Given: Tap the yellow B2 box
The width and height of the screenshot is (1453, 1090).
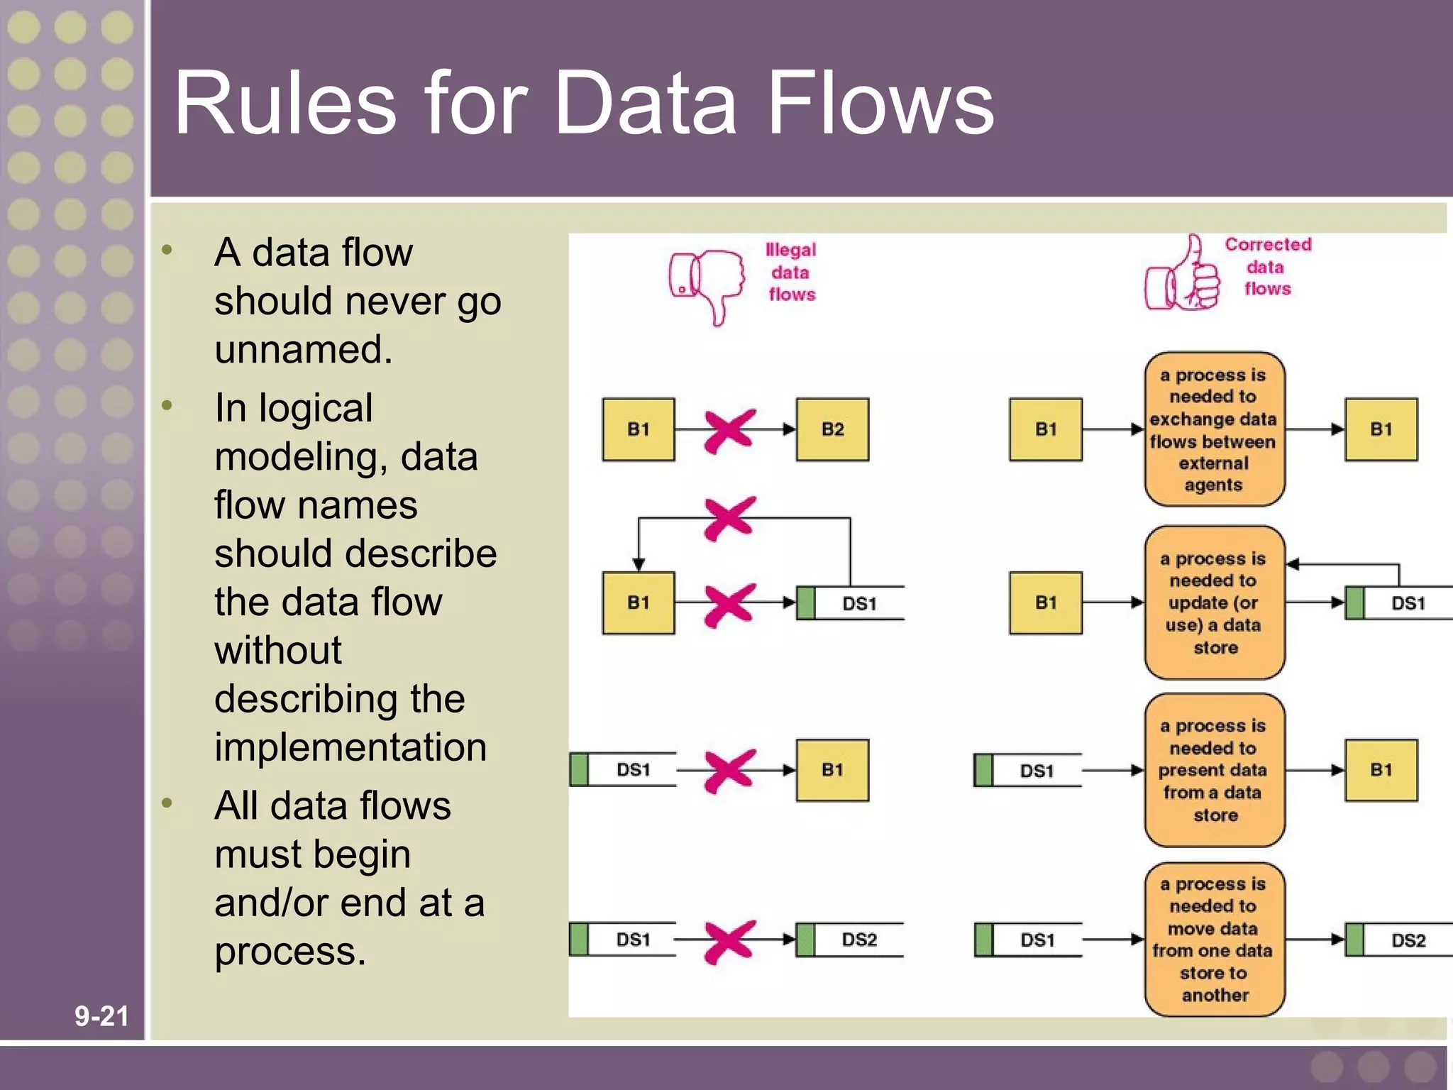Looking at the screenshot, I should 832,429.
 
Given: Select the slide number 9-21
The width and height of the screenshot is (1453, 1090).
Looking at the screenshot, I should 101,1016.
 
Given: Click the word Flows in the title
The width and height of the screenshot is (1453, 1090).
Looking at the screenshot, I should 880,103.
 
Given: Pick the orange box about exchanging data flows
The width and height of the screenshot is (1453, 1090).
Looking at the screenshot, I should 1214,429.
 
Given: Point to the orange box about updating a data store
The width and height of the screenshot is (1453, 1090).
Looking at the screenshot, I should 1214,602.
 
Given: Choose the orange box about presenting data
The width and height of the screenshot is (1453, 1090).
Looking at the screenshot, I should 1214,770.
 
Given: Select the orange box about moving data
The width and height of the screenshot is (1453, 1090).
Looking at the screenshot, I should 1214,939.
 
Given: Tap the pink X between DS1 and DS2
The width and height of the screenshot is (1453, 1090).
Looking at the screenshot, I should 729,942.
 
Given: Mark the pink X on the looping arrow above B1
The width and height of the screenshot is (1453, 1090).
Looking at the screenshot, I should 729,518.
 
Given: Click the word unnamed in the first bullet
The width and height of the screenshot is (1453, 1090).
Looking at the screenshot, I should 303,349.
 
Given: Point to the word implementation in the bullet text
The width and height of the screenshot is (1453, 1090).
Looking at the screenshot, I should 350,747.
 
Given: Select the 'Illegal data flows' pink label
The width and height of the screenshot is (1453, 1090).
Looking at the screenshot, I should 791,272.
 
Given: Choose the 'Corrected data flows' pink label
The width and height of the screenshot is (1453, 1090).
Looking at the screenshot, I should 1268,267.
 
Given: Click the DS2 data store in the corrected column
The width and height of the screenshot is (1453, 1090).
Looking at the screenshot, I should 1398,940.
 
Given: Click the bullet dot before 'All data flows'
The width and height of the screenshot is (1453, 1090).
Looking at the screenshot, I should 167,803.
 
